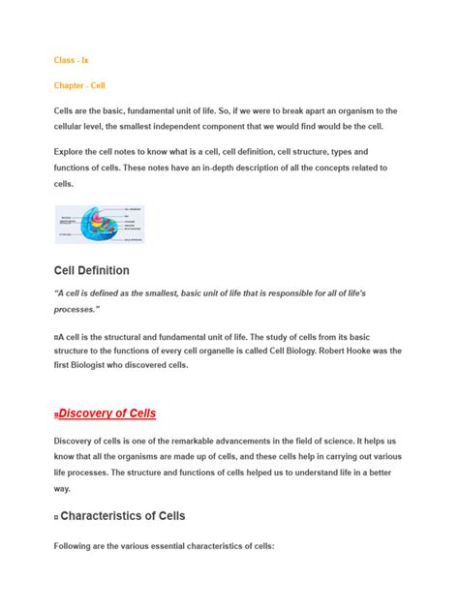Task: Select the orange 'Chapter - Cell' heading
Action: click(79, 85)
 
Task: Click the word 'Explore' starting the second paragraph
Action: click(73, 152)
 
